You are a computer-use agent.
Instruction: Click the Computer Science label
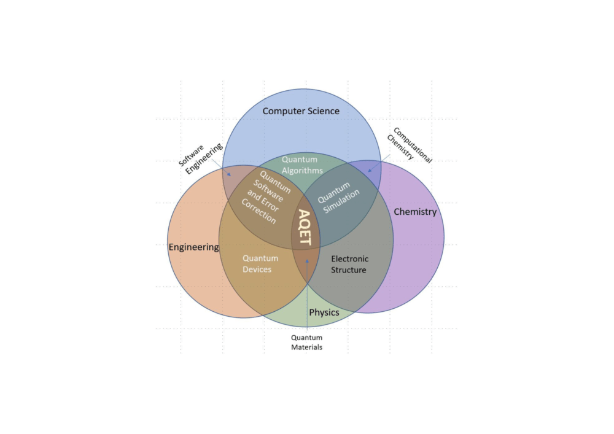click(301, 111)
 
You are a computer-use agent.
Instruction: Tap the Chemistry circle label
click(415, 212)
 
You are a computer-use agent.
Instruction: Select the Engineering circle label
click(194, 247)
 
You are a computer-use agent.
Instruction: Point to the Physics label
click(324, 312)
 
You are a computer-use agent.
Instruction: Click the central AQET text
click(305, 227)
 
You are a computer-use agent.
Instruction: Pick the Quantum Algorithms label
click(302, 165)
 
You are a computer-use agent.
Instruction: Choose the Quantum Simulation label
click(338, 197)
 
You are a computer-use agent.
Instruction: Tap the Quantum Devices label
click(260, 264)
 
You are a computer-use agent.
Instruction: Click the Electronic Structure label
click(349, 264)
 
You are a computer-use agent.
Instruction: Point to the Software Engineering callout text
click(201, 158)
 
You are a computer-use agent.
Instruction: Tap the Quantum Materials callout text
click(306, 342)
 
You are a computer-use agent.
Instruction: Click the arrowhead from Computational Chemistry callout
click(369, 170)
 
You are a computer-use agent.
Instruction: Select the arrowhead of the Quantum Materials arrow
click(307, 261)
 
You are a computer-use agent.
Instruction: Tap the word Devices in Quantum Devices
click(257, 269)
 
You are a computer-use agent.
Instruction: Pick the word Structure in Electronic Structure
click(349, 270)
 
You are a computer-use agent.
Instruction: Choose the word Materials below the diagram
click(306, 347)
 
